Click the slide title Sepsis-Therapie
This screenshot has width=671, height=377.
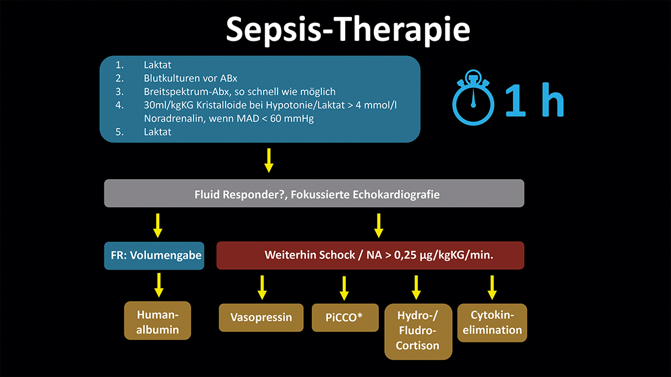[348, 29]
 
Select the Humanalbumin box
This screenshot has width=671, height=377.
[157, 320]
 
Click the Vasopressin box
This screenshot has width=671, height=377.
[261, 317]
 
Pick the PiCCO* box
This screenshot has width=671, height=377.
[345, 317]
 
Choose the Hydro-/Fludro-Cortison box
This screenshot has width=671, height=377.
[418, 331]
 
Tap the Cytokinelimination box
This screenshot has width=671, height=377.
[492, 323]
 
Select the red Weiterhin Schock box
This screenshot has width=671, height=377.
[370, 256]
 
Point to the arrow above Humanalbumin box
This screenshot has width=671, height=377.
[158, 284]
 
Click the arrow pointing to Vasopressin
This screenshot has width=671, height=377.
[262, 287]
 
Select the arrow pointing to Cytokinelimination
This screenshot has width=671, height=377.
[492, 287]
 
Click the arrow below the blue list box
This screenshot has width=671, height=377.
[268, 160]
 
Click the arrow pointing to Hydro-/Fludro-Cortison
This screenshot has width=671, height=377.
[417, 287]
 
